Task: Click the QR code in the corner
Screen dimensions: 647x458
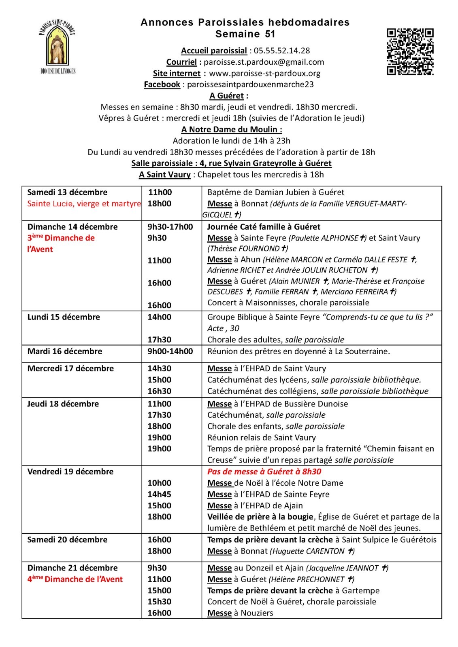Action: click(x=410, y=52)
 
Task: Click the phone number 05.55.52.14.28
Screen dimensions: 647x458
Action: click(x=282, y=51)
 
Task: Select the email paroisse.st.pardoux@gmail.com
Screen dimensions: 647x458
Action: click(x=264, y=62)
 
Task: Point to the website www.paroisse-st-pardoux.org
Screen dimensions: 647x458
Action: click(x=264, y=74)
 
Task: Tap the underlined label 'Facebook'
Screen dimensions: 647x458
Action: click(x=162, y=85)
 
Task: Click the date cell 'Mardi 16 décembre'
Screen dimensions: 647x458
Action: click(x=65, y=351)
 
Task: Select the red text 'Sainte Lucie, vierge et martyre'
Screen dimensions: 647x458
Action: click(x=84, y=204)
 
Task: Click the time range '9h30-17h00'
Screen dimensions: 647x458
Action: click(x=170, y=227)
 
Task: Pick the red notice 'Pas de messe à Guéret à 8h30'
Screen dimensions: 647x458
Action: click(x=264, y=472)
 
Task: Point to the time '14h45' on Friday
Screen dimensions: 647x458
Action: click(x=159, y=494)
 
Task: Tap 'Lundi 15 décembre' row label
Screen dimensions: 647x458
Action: click(x=64, y=317)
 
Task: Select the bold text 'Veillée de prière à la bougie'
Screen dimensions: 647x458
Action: click(x=260, y=517)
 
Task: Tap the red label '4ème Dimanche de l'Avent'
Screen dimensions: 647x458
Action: click(x=75, y=579)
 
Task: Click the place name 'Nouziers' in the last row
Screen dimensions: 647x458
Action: click(x=257, y=613)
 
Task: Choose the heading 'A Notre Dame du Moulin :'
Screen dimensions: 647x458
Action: click(x=231, y=130)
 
